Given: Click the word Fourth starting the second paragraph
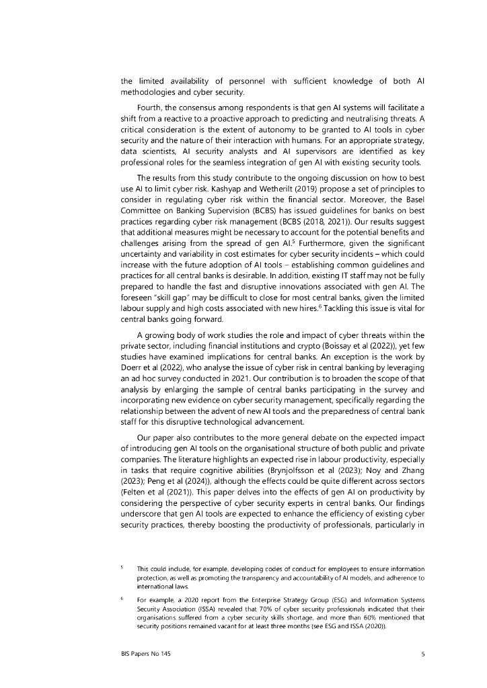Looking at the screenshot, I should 150,107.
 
